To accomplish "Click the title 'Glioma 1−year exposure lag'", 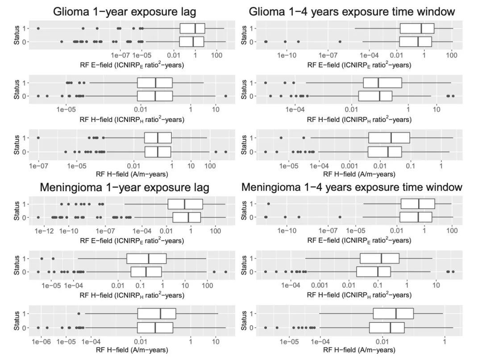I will click(125, 12).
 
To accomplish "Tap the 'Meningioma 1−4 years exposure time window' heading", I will click(352, 187).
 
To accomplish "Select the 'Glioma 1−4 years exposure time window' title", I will click(352, 12).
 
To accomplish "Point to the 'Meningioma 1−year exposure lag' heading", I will click(125, 187).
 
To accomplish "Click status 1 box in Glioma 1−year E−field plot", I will click(192, 29).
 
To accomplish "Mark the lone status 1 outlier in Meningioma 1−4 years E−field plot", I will click(268, 204).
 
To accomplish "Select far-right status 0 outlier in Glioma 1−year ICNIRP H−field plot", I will click(225, 96).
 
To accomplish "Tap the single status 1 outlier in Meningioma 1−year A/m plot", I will click(79, 314).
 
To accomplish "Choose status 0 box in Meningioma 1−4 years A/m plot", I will click(386, 327).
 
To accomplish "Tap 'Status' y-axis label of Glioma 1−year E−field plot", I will click(17, 35).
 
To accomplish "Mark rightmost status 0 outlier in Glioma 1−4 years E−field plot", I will click(340, 42).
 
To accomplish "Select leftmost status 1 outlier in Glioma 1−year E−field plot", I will click(38, 29).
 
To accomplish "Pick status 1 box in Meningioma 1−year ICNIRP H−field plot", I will click(146, 259).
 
